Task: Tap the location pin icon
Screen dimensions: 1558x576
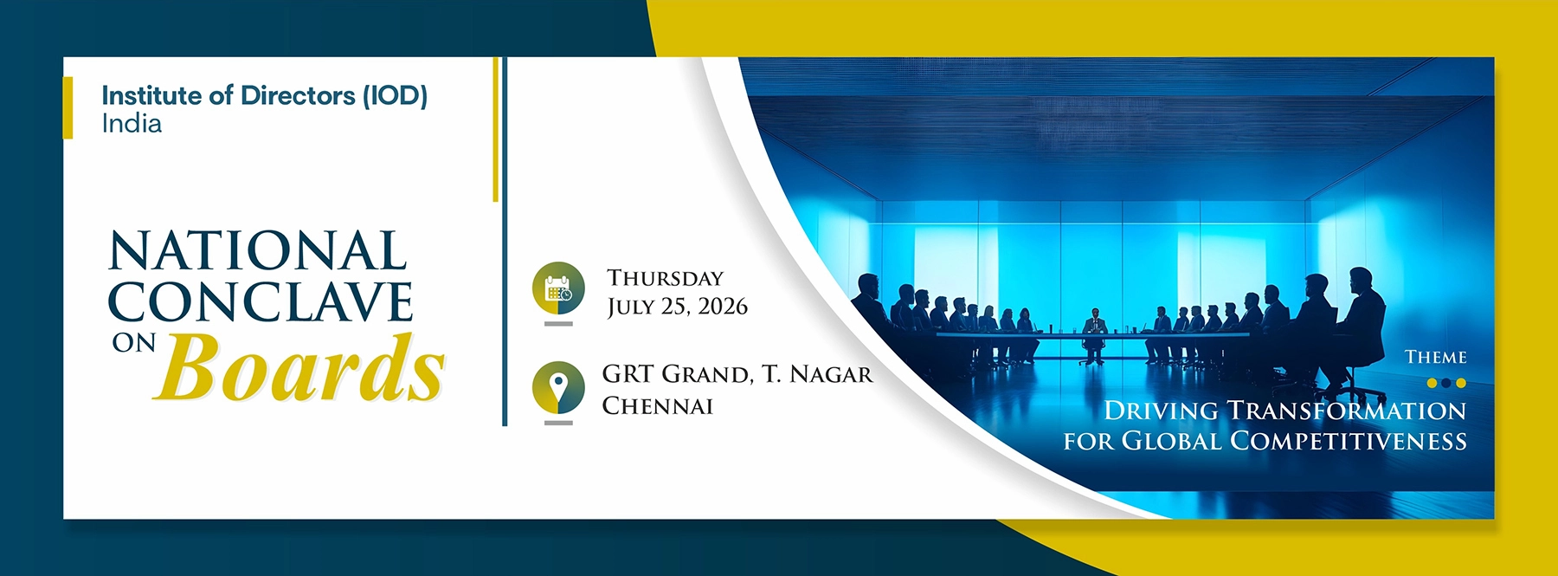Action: click(558, 387)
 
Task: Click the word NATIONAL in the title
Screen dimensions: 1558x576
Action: click(257, 251)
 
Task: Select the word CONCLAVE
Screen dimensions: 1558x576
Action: click(260, 301)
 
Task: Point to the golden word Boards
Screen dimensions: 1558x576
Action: click(299, 368)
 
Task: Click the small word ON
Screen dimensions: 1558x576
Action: click(133, 344)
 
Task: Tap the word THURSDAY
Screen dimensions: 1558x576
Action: click(665, 278)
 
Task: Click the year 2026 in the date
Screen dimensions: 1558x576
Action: click(723, 307)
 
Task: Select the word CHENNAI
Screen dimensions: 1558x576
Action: click(657, 405)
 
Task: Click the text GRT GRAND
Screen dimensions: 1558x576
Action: click(676, 374)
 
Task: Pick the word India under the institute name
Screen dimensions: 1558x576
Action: click(132, 124)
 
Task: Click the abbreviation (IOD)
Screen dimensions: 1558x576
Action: click(395, 95)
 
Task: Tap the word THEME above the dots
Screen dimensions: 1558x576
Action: click(1435, 357)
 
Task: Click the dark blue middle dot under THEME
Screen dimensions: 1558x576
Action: click(1446, 383)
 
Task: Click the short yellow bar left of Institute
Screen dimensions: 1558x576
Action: click(68, 107)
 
